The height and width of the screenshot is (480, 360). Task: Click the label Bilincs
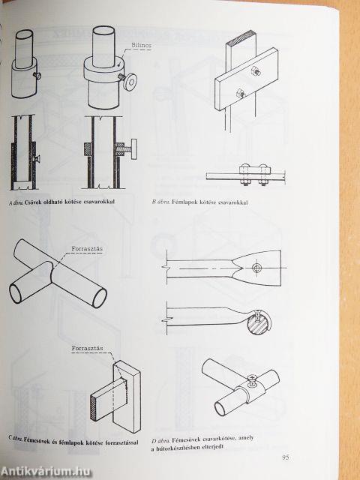click(141, 45)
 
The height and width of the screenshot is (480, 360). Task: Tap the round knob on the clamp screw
click(130, 82)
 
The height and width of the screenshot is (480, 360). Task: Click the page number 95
click(285, 457)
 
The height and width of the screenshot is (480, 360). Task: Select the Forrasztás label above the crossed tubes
click(87, 248)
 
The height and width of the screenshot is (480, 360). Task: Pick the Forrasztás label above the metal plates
click(87, 348)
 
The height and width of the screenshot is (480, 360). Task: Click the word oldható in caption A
click(53, 202)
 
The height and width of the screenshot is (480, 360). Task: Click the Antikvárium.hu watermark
click(46, 471)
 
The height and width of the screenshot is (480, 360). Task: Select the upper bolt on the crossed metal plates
click(256, 72)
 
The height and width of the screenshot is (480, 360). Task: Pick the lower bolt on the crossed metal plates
click(240, 93)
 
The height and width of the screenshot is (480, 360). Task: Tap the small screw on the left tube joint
click(37, 75)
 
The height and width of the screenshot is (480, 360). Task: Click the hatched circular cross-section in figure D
click(259, 323)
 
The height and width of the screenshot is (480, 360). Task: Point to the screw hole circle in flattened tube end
click(256, 268)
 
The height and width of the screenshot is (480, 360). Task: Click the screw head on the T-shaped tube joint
click(252, 377)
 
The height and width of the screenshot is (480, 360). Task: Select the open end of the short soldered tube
click(16, 293)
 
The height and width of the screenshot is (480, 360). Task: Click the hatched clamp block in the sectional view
click(88, 149)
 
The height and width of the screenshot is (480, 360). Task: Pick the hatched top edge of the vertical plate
click(241, 37)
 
